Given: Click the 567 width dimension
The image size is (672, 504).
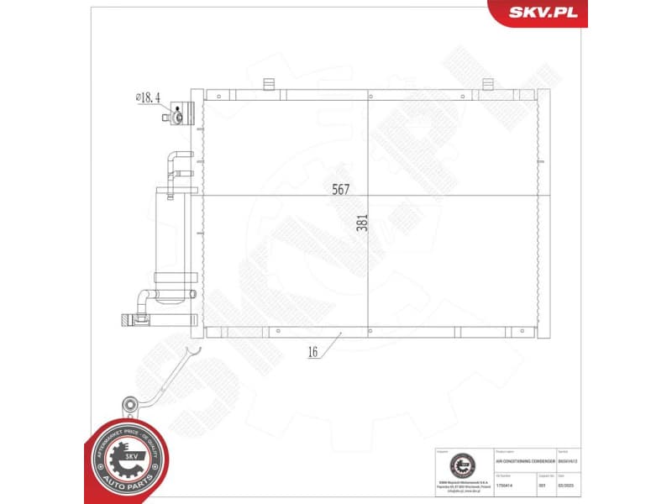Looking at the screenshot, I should coord(339,190).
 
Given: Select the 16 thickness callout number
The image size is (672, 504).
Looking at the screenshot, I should coord(312,353).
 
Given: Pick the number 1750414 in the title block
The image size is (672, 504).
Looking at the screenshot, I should coord(505,486).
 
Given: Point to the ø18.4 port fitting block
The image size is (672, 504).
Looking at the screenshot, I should coord(183,113).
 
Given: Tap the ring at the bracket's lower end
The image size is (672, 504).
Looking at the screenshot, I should coord(129,404).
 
